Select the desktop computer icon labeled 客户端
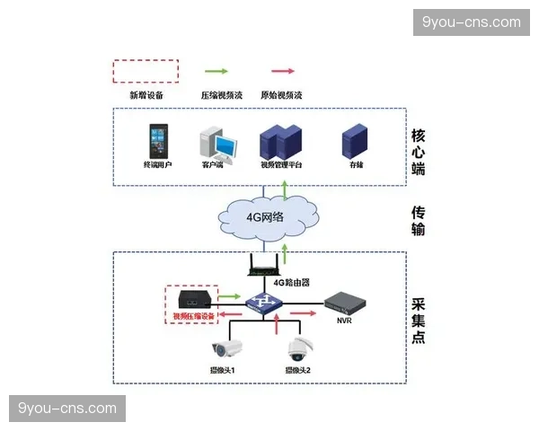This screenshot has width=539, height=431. [216, 142]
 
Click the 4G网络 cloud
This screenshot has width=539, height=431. [266, 216]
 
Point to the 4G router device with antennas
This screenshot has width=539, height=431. [268, 266]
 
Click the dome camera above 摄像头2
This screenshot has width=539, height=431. [298, 347]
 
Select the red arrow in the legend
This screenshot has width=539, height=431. [284, 71]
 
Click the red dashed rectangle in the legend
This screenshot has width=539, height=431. [145, 72]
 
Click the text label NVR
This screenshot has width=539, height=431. [344, 321]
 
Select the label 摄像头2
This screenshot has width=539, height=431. [298, 370]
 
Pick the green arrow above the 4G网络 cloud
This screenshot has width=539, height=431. [285, 188]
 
